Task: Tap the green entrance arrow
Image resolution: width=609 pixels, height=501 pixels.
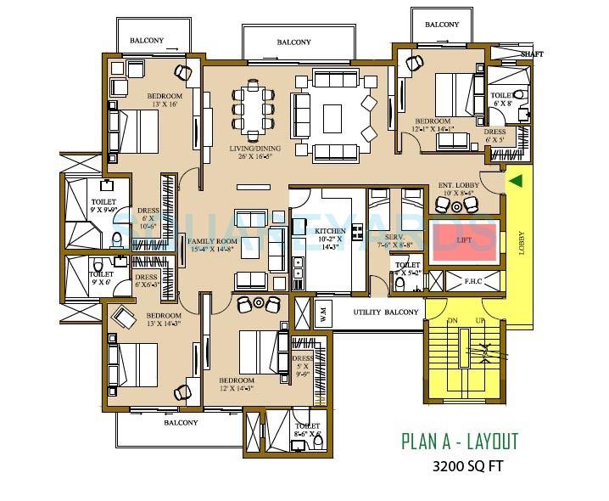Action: pyautogui.click(x=516, y=180)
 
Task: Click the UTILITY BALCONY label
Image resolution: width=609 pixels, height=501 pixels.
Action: pyautogui.click(x=386, y=312)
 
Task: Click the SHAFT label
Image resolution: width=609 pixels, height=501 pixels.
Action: pyautogui.click(x=532, y=53)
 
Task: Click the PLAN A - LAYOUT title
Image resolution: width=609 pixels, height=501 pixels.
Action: pyautogui.click(x=459, y=441)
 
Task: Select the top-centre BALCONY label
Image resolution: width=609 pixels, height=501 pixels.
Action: pyautogui.click(x=293, y=42)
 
